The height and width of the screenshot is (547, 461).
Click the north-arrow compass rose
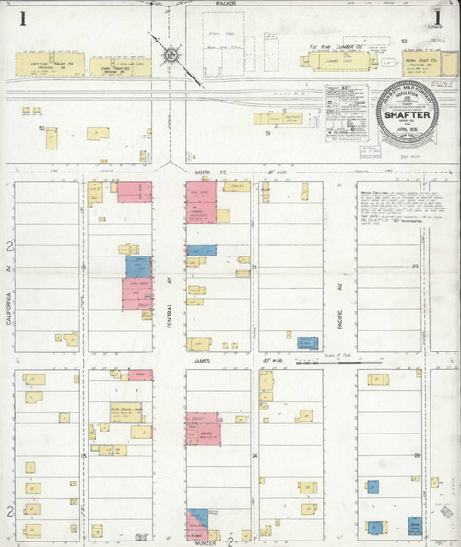pyautogui.click(x=170, y=57)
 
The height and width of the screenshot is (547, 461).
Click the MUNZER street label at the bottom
pyautogui.click(x=204, y=542)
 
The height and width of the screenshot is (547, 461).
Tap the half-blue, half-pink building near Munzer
pyautogui.click(x=202, y=523)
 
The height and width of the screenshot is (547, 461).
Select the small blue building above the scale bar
pyautogui.click(x=308, y=342)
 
